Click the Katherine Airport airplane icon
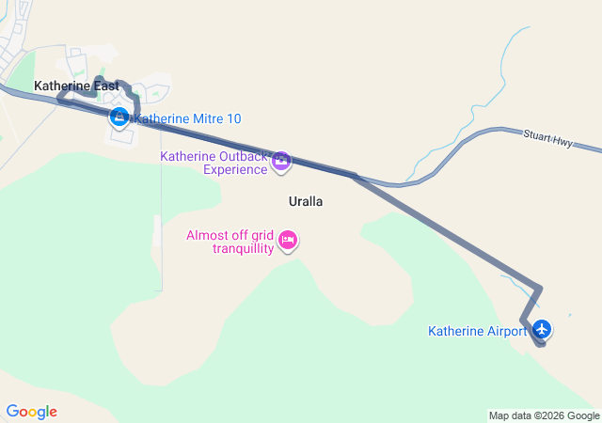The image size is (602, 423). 542,329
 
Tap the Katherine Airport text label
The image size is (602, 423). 478,331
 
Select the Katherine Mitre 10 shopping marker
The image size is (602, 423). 119,117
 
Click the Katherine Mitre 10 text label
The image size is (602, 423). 188,118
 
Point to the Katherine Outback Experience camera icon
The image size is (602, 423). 280,163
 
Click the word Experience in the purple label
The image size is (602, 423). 234,170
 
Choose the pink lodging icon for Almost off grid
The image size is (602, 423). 289,242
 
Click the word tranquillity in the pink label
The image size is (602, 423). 243,248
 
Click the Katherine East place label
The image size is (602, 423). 76,86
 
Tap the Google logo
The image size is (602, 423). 31,412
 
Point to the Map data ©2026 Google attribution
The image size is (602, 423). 544,415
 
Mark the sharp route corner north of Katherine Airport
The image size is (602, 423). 540,287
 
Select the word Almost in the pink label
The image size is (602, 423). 206,235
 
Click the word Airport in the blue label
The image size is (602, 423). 504,331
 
